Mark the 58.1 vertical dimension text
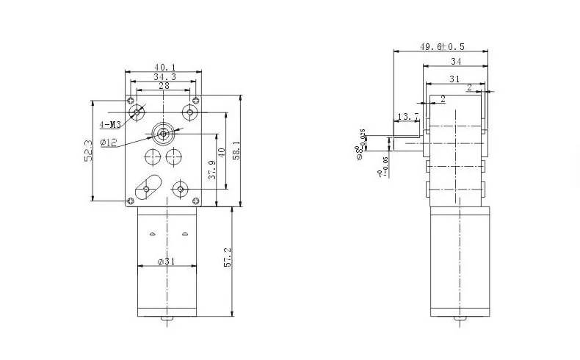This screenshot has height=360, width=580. pos(236,151)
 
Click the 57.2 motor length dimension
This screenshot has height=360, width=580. pos(228,257)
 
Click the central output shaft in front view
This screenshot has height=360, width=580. pos(162,133)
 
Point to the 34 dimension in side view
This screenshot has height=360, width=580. pos(456,61)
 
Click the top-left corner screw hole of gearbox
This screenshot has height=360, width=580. pos(131,100)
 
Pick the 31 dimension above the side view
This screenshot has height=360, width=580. pos(454,79)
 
